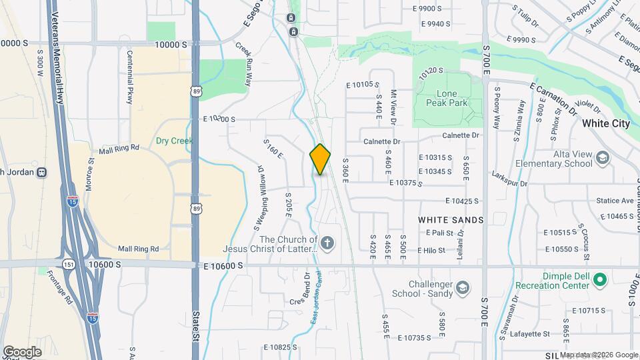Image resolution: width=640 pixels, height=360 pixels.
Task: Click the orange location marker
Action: coord(321,159)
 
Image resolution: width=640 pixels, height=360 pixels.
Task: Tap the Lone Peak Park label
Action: coord(447,98)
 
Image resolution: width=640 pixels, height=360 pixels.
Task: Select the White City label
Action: coord(605,123)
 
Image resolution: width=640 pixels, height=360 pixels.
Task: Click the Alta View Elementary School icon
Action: coord(603,158)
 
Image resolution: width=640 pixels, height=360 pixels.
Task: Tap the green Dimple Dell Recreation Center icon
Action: coord(599,279)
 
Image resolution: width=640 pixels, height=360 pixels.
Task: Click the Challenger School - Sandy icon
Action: coord(461,288)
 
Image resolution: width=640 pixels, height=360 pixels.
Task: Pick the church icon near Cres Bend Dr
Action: coord(327,243)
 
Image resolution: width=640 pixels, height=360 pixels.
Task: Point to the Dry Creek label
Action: coord(174,141)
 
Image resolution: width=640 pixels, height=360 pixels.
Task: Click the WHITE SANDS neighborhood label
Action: coord(450,219)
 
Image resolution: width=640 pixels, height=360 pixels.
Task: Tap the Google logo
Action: coord(22,351)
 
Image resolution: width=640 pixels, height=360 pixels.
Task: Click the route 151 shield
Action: coord(69,265)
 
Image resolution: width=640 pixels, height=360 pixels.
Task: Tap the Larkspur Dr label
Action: coord(509,183)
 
